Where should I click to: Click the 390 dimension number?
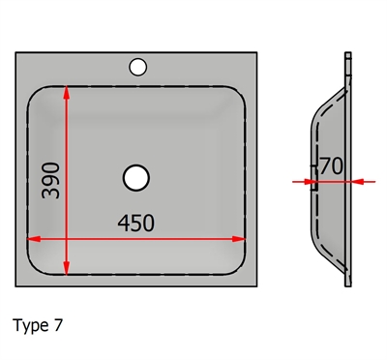coord(51,181)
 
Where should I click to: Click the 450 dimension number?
coord(136,223)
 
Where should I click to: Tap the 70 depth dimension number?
coord(332,166)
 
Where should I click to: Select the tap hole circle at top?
coord(138,67)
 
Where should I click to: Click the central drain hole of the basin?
coord(136,177)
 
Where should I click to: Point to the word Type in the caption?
coord(31,326)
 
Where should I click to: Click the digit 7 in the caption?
coord(58,325)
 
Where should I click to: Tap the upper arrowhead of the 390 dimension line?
coord(67,92)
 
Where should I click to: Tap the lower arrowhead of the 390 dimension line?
coord(67,269)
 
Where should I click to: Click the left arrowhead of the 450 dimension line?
coord(34,239)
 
